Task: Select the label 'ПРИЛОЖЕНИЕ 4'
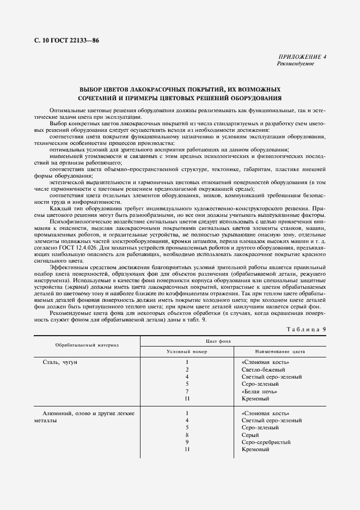click(x=301, y=57)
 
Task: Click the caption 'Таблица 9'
click(x=304, y=329)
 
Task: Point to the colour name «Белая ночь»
click(x=259, y=391)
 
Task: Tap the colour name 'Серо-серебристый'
click(x=266, y=442)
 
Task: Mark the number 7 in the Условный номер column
click(x=187, y=391)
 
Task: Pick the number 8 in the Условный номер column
click(x=187, y=435)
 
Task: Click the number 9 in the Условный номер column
click(x=187, y=442)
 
